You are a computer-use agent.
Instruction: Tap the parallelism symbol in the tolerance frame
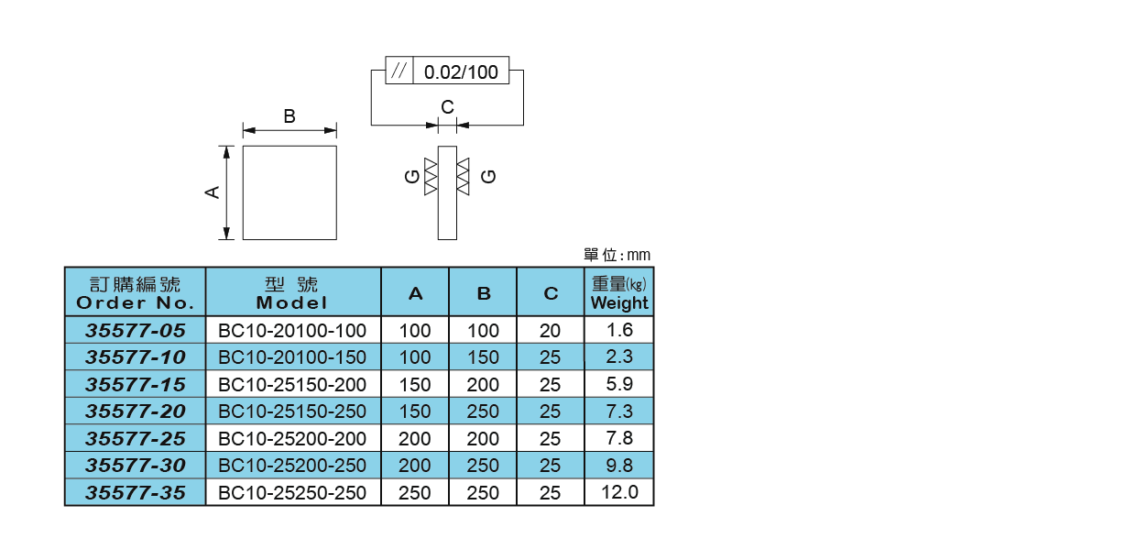pos(399,71)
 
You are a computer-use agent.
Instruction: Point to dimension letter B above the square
pos(289,116)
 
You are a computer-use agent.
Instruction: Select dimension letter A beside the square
pos(213,192)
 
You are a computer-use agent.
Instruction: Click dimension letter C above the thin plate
pos(447,107)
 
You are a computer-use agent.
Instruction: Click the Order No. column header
pos(135,292)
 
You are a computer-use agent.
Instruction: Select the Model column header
pos(292,292)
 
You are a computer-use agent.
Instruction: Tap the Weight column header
pos(619,292)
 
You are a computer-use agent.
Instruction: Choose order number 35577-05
pos(135,331)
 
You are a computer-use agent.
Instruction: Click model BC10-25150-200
pos(292,384)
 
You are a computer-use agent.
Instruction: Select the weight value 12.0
pos(619,492)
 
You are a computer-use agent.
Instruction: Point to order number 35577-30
pos(135,466)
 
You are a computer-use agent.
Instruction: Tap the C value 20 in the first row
pos(551,331)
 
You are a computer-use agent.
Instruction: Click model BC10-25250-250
pos(292,493)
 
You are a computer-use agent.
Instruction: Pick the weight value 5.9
pos(619,384)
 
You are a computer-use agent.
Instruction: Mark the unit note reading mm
pos(639,256)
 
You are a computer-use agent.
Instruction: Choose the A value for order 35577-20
pos(415,412)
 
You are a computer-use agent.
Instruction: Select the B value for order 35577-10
pos(483,357)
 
